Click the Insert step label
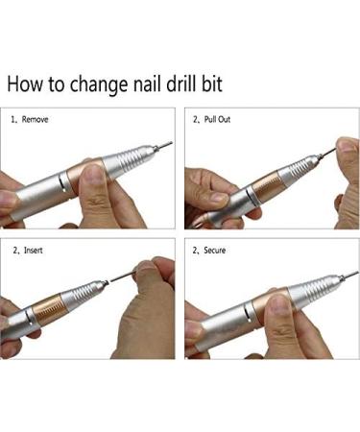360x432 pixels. click(x=35, y=251)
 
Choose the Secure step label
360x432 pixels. click(x=218, y=251)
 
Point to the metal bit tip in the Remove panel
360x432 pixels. click(x=164, y=145)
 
